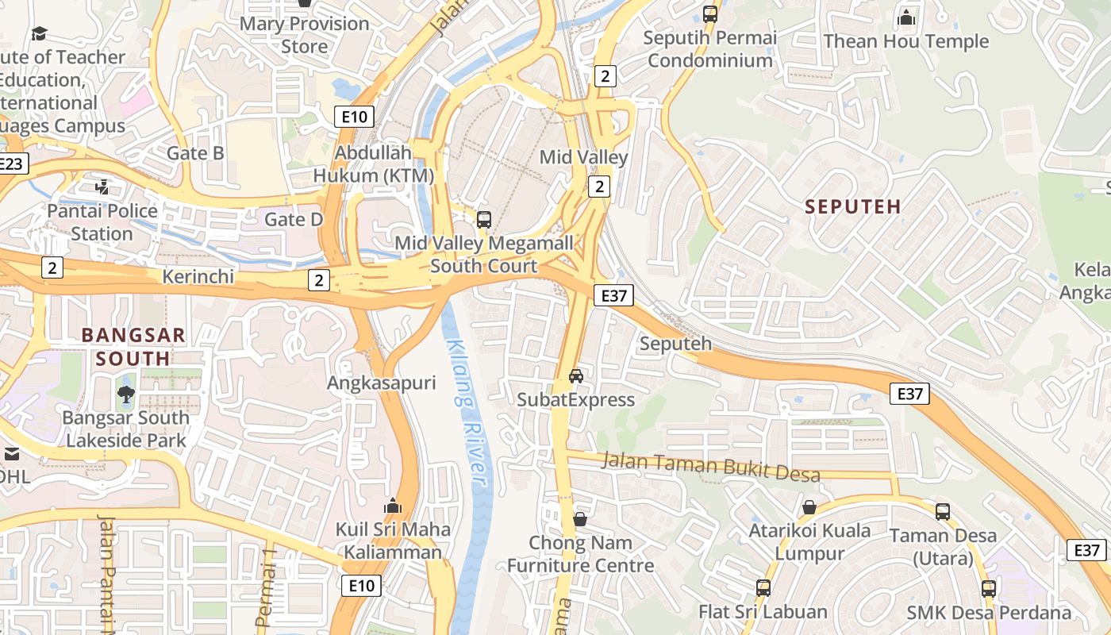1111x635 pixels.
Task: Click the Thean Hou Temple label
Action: coord(905,41)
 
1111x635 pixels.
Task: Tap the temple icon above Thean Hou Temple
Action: coord(905,17)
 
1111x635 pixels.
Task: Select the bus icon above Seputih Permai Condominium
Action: coord(709,14)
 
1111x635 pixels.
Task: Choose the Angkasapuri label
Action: coord(382,383)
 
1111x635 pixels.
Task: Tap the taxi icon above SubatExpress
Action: coord(576,375)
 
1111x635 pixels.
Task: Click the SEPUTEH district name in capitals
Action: coord(853,206)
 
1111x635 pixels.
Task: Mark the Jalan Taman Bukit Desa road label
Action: coord(710,465)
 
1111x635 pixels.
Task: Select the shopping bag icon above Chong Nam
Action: coord(580,519)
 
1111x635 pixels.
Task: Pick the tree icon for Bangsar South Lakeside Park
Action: coord(125,394)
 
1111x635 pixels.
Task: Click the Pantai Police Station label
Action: coord(102,222)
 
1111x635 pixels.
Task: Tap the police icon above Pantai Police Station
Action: coord(102,187)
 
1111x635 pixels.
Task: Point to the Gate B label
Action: coord(195,153)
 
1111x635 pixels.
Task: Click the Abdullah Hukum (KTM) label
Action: coord(374,164)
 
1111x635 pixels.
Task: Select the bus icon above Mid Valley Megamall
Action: coord(483,220)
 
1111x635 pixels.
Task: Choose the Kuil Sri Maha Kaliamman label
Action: coord(393,541)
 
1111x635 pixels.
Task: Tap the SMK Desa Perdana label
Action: coord(989,613)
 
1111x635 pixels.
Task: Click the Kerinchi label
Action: coord(198,276)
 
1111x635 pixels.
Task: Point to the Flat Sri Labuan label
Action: coord(763,612)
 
